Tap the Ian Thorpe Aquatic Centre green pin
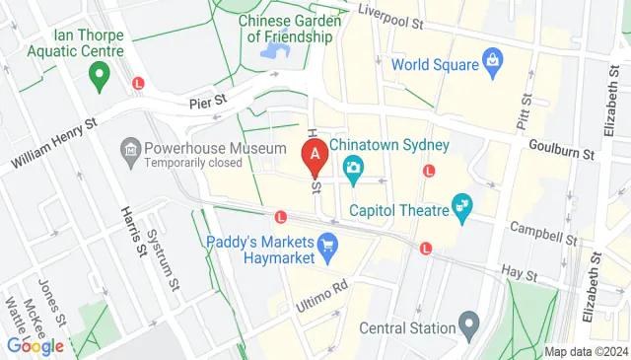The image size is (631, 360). coord(98,73)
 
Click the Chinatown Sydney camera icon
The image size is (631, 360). coord(353,168)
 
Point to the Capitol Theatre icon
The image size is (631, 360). coord(461,206)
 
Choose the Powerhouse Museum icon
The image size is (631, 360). coord(130,149)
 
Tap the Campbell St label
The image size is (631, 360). coord(542,233)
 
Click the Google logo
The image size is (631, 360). coord(35,346)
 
